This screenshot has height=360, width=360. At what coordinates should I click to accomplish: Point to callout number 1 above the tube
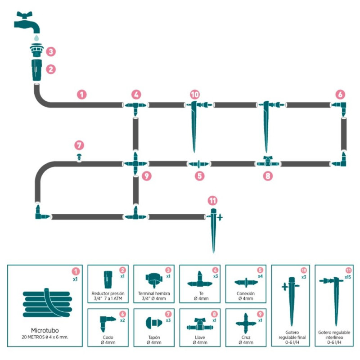coord(81,94)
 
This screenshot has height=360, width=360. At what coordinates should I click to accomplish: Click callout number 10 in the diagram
coord(194,94)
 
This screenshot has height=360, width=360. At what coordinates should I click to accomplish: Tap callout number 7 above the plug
coord(79,145)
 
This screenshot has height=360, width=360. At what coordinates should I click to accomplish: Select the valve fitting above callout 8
coord(268,161)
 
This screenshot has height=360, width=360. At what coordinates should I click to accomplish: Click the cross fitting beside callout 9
coord(135,162)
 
